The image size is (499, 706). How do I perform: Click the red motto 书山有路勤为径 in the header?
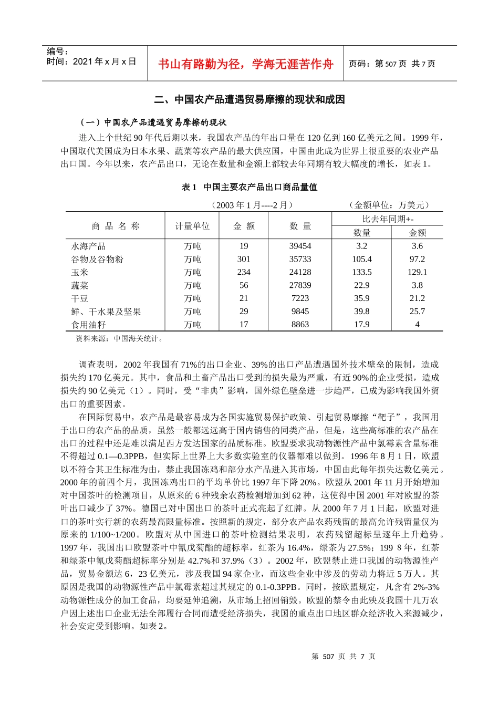tap(245, 64)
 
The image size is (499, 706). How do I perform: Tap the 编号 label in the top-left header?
tap(57, 51)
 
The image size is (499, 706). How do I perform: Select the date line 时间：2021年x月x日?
tap(91, 61)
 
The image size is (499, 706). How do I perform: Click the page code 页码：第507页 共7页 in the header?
tap(392, 64)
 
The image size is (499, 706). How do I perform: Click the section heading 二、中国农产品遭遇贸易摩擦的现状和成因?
tap(250, 99)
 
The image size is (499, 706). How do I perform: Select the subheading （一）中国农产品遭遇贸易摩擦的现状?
tap(153, 122)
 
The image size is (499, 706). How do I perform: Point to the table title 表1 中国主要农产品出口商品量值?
tap(250, 187)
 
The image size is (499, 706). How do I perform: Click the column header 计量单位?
tap(192, 226)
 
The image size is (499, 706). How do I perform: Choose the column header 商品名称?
tap(116, 226)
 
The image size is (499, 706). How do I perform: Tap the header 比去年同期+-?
tap(387, 219)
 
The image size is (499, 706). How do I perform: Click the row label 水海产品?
tap(88, 246)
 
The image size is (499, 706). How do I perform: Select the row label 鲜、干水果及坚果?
tap(106, 312)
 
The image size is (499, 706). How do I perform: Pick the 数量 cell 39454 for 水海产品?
tap(300, 246)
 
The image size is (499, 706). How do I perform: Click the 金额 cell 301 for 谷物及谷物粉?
tap(244, 259)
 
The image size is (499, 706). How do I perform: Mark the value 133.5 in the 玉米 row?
tap(361, 272)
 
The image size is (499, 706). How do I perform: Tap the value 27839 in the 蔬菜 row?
tap(300, 285)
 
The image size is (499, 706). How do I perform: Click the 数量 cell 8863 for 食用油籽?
tap(300, 325)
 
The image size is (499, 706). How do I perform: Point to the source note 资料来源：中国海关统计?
tap(120, 339)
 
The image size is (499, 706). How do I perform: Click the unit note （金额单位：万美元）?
tap(389, 205)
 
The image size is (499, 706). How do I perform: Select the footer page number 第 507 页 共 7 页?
tap(344, 656)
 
